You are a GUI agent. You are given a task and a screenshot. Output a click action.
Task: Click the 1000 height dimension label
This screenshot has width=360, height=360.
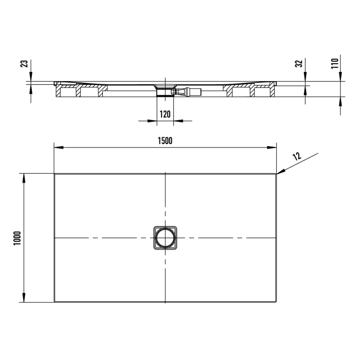[16, 237]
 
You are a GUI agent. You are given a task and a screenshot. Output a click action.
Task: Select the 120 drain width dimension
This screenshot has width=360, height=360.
[165, 114]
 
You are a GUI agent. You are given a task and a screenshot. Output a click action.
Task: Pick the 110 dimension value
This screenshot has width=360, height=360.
[334, 63]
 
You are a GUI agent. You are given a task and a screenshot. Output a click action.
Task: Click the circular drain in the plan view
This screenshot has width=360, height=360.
[165, 238]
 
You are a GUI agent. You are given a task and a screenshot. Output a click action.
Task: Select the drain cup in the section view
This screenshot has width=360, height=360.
[165, 88]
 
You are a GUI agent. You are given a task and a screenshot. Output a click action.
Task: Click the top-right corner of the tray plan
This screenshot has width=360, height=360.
[276, 174]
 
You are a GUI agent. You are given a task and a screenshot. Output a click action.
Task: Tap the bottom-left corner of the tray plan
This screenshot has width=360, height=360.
[55, 302]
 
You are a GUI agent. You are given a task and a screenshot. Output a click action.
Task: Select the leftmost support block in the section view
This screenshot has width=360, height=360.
[67, 93]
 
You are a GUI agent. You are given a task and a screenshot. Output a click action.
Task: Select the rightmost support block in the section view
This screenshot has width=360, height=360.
[263, 93]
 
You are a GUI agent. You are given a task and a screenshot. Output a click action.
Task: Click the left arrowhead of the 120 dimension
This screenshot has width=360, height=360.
[153, 121]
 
